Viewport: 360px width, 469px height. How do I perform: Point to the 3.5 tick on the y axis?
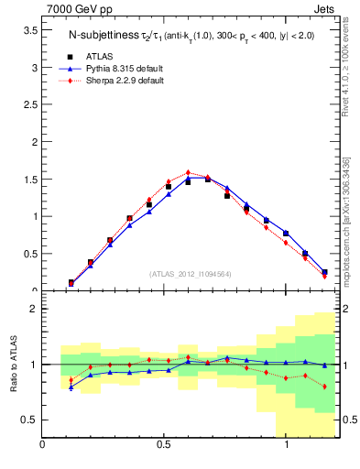(30, 30)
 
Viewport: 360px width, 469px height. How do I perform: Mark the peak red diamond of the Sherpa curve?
(188, 172)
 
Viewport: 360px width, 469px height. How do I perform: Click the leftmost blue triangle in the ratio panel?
(71, 387)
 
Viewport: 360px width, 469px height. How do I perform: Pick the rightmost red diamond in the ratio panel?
(324, 387)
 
